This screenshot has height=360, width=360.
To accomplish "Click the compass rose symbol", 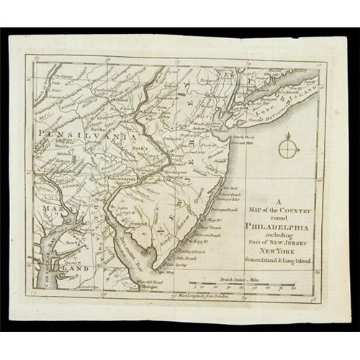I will [287, 148].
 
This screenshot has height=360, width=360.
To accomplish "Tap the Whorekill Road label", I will [150, 280].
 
